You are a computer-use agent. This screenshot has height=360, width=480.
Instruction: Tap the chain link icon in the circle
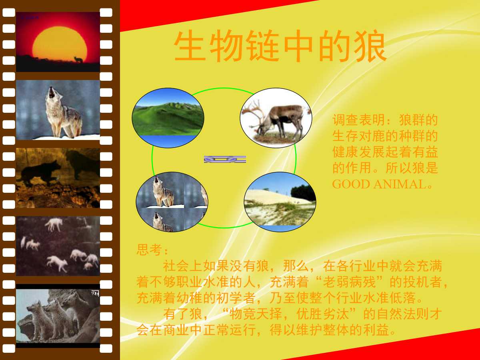pos(225,159)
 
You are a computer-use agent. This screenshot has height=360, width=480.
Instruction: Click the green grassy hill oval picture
pos(168,118)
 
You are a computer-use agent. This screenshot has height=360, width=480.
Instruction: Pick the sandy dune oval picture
pos(280,202)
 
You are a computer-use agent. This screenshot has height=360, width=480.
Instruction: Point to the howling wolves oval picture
pos(172,202)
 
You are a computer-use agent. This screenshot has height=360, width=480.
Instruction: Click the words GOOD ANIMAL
pos(378,184)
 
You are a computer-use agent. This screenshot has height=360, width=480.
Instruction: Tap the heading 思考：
pos(152,250)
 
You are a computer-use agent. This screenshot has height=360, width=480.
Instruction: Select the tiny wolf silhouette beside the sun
pos(78,60)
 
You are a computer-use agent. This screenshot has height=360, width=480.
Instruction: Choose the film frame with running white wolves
pos(58,246)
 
